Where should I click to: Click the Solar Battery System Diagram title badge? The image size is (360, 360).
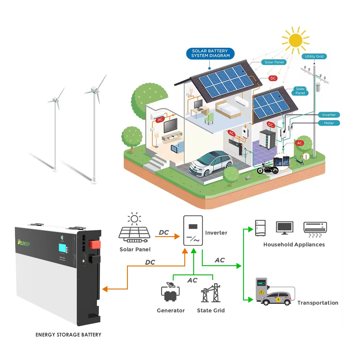(211, 54)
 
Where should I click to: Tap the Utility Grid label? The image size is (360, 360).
(314, 56)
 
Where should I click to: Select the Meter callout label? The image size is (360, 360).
(329, 123)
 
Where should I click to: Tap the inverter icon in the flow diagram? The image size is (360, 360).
(193, 231)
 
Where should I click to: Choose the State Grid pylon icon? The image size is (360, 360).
(211, 293)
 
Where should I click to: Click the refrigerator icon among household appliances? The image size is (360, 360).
(260, 228)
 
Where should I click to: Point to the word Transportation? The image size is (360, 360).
(318, 303)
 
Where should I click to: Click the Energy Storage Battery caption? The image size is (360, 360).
(68, 335)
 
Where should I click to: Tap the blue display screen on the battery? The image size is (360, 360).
(62, 248)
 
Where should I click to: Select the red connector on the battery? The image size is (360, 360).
(95, 245)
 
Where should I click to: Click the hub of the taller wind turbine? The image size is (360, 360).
(94, 90)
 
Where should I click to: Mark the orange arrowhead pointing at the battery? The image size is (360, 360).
(105, 289)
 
